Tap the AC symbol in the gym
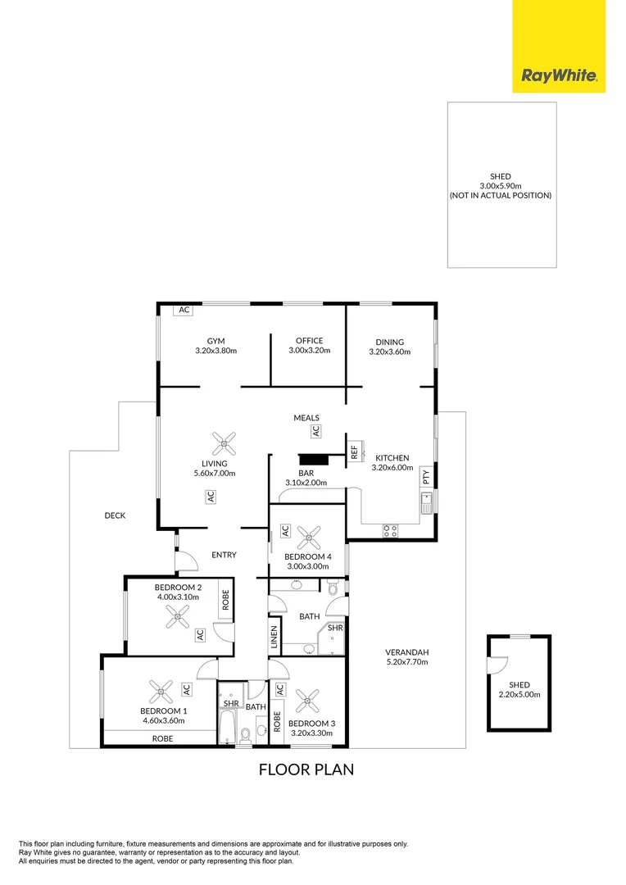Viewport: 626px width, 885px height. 184,311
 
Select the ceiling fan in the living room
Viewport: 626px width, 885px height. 223,444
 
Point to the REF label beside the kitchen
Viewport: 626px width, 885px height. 354,452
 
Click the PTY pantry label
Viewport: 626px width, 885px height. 425,478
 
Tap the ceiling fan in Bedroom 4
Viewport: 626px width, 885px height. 309,538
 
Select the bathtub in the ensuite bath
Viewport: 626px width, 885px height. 228,725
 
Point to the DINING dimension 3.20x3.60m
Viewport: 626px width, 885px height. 389,352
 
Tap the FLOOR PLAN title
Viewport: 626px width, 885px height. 306,769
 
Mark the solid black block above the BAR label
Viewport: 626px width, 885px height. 312,460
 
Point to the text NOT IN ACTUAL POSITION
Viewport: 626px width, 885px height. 501,196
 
